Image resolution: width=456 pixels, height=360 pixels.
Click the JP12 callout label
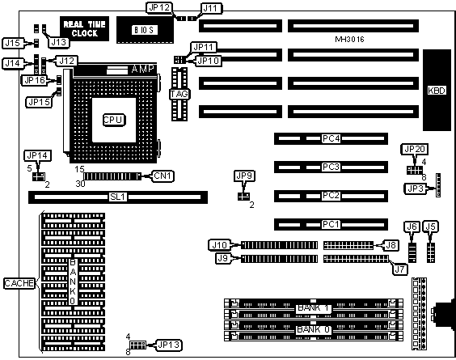coord(159,8)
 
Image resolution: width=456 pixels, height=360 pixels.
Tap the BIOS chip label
coord(145,30)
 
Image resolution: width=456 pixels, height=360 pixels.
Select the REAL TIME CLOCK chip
coord(84,29)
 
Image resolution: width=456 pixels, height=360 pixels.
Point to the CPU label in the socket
coord(114,120)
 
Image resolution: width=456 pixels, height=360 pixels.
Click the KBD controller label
coord(437,91)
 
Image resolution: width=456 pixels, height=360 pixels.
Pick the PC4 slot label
coord(331,138)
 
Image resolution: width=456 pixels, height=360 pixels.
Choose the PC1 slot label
coord(331,224)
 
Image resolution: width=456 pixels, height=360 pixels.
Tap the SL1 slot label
coord(118,197)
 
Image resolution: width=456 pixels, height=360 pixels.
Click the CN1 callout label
coord(163,176)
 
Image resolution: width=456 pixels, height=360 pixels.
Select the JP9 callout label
coord(244,176)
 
